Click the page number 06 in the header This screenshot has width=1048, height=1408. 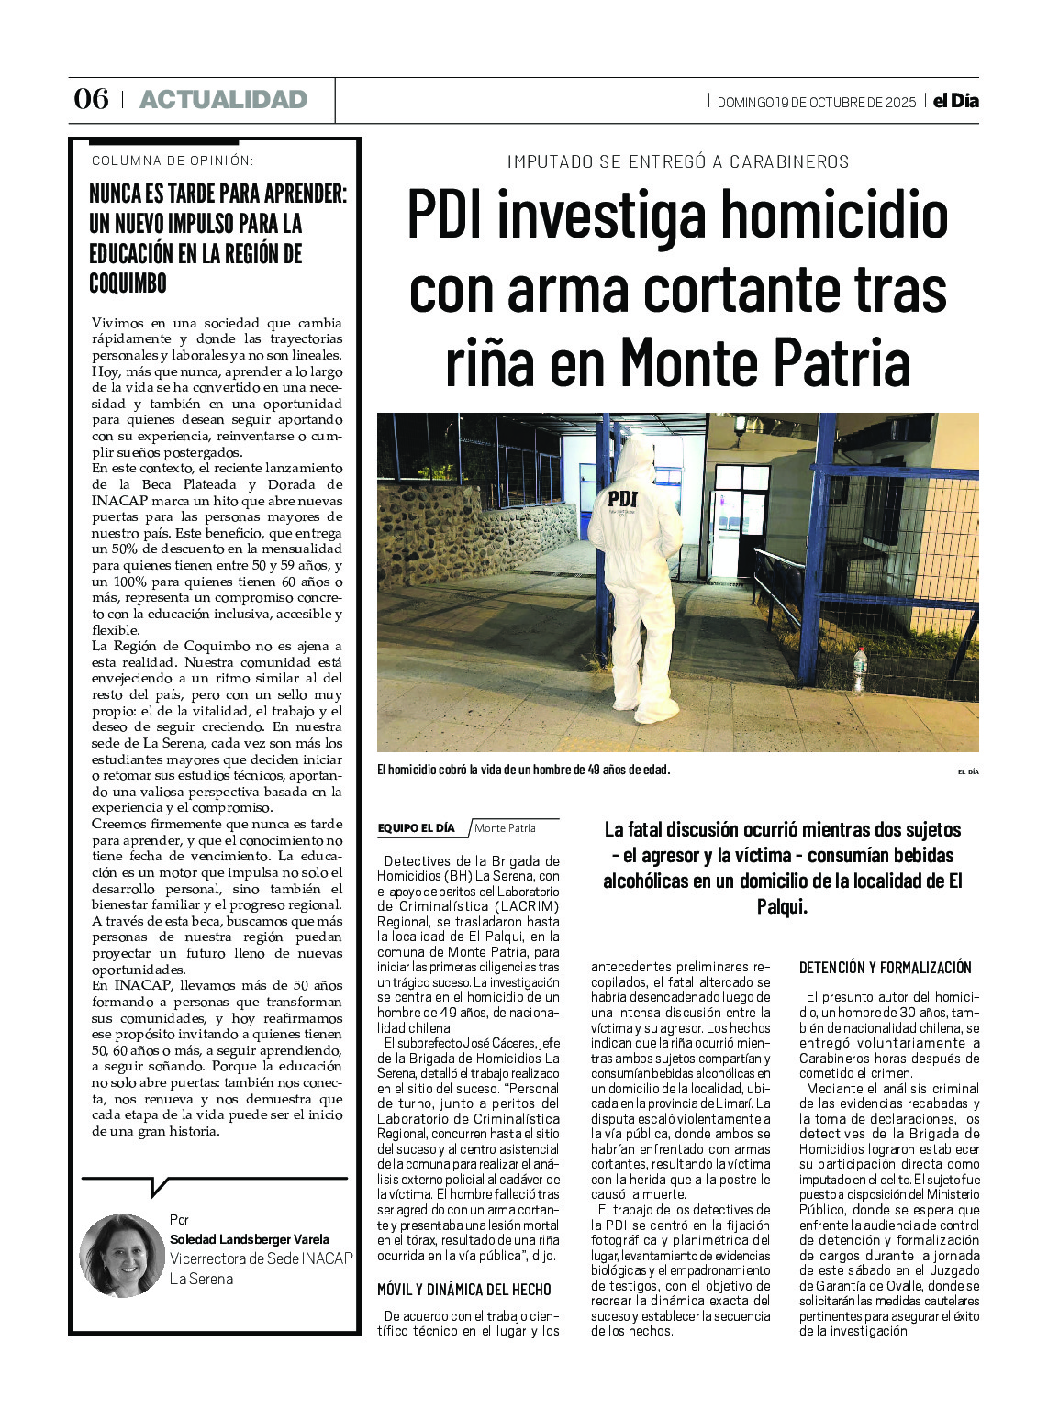(x=91, y=99)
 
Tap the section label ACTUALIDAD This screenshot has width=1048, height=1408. (x=223, y=100)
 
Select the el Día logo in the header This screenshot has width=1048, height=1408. (x=955, y=101)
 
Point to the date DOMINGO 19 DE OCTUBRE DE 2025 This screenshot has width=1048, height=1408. (x=816, y=103)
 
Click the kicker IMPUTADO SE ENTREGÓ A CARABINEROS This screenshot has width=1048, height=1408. (x=678, y=162)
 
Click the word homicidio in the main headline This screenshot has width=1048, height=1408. (x=833, y=216)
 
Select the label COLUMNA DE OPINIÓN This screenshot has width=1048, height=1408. (x=173, y=161)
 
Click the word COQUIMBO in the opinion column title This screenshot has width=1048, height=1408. (x=128, y=283)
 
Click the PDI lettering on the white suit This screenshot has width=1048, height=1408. (x=622, y=498)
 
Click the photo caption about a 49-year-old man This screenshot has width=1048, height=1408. (x=523, y=770)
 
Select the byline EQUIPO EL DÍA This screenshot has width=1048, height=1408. (x=416, y=828)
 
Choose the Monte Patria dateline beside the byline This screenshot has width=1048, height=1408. (x=505, y=828)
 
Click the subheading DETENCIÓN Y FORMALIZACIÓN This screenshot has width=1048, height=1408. (x=885, y=968)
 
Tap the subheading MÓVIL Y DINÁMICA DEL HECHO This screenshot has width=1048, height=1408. (x=463, y=1290)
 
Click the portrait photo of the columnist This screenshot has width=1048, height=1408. (x=121, y=1256)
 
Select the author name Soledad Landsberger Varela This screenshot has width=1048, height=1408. (x=249, y=1239)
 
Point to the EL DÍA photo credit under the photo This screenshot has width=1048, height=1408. (x=967, y=771)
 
